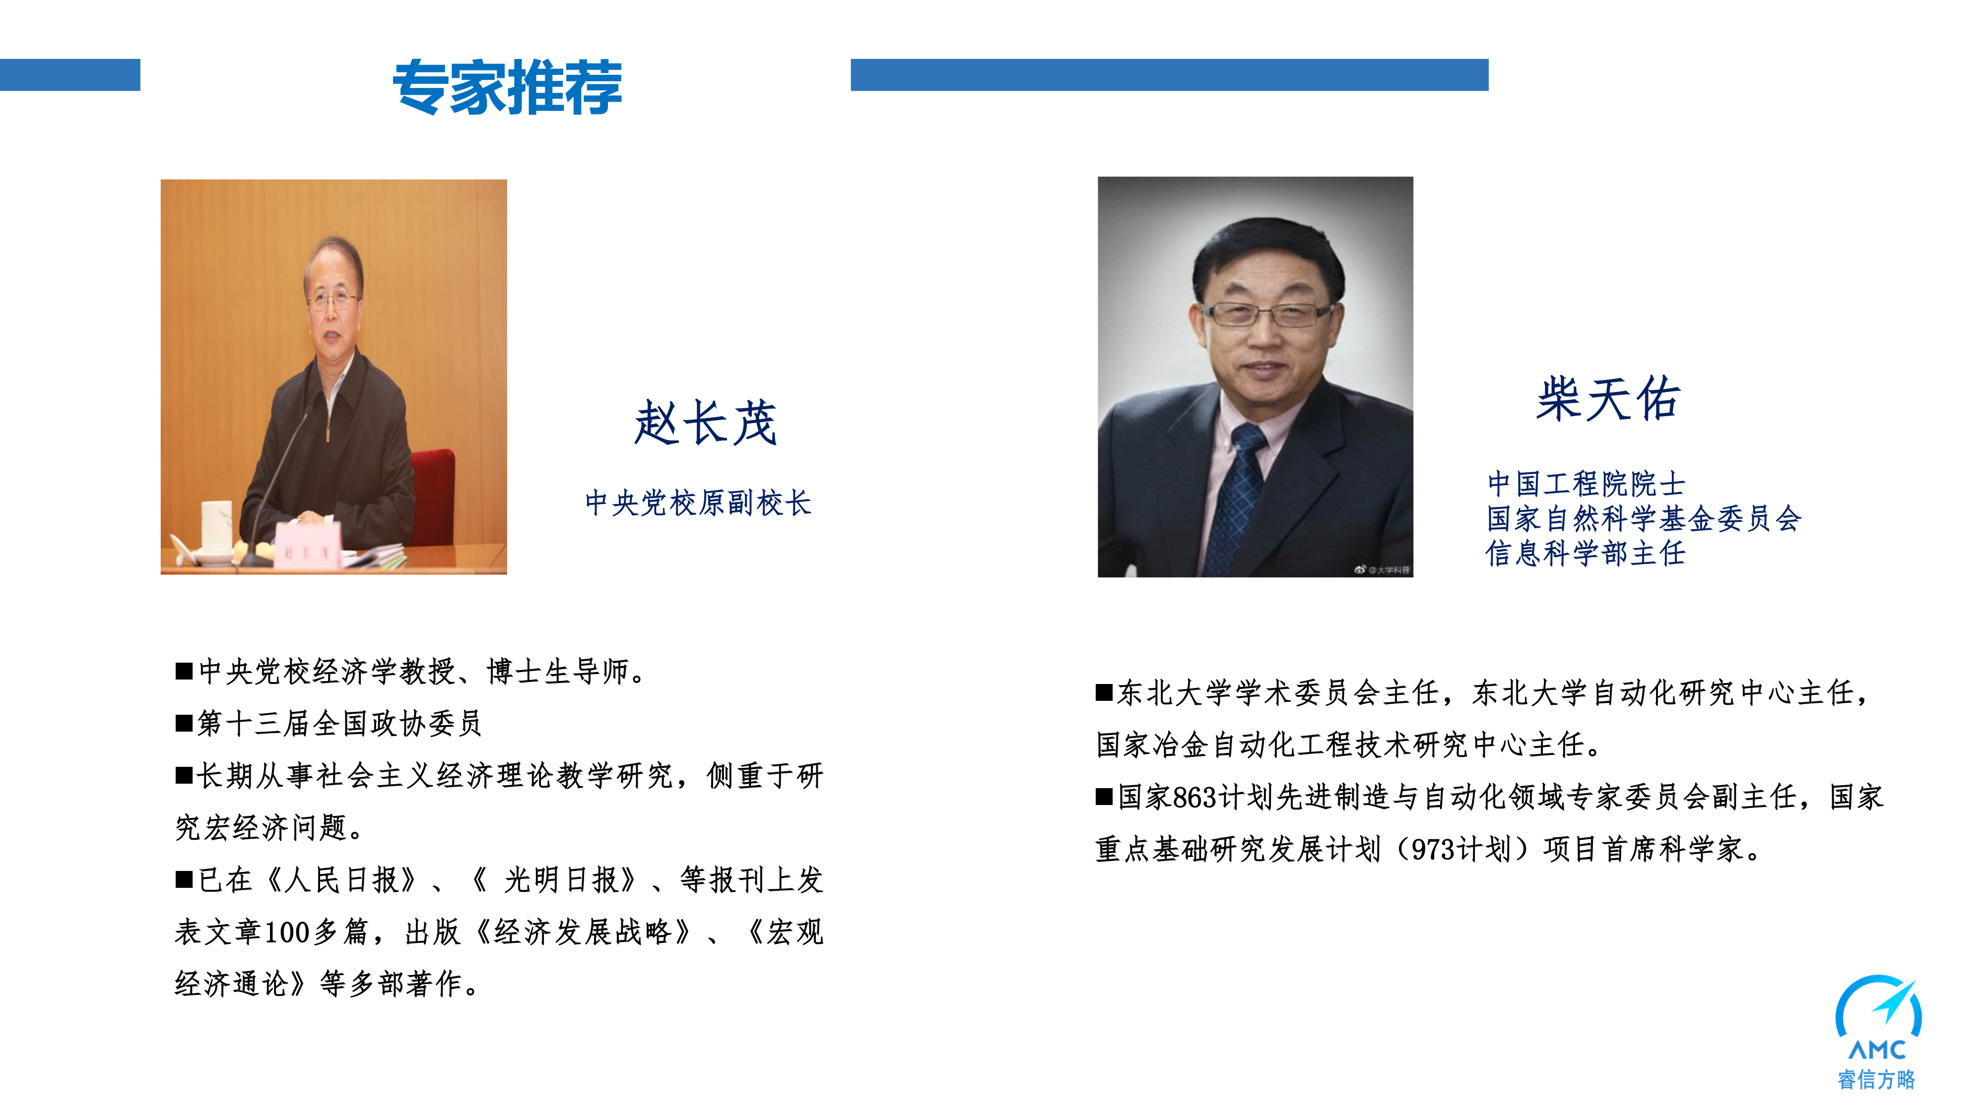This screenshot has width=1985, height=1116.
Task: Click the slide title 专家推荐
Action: click(507, 87)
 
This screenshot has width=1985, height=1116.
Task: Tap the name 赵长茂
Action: click(705, 423)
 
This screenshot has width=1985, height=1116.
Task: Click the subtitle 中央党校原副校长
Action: click(698, 503)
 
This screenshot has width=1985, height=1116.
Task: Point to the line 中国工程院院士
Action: click(1586, 484)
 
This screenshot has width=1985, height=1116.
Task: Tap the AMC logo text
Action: click(1877, 1050)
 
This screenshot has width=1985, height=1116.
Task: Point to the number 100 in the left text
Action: click(287, 932)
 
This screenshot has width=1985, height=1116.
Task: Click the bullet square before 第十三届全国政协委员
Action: click(184, 723)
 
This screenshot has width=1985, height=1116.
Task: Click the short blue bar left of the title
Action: click(70, 75)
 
